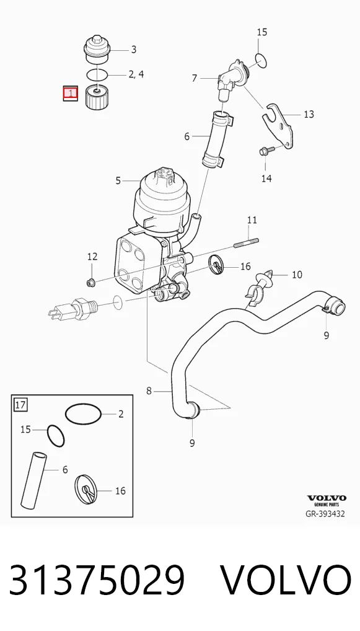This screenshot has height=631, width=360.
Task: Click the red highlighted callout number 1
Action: (71, 94)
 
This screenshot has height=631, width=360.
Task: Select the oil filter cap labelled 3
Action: (97, 49)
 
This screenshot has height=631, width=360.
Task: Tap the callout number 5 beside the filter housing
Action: (118, 181)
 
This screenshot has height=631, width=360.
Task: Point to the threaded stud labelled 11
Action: (246, 243)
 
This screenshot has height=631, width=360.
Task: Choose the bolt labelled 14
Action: (267, 151)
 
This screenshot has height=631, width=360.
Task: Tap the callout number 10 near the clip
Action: (297, 275)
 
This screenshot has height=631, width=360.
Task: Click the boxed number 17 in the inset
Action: (20, 404)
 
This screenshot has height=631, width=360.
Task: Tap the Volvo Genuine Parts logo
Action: (327, 501)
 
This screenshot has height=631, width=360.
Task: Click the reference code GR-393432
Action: (325, 514)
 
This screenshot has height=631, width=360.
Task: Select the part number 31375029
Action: (97, 580)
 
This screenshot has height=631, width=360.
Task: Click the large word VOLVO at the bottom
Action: (286, 580)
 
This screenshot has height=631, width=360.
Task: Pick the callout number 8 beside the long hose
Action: (149, 391)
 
